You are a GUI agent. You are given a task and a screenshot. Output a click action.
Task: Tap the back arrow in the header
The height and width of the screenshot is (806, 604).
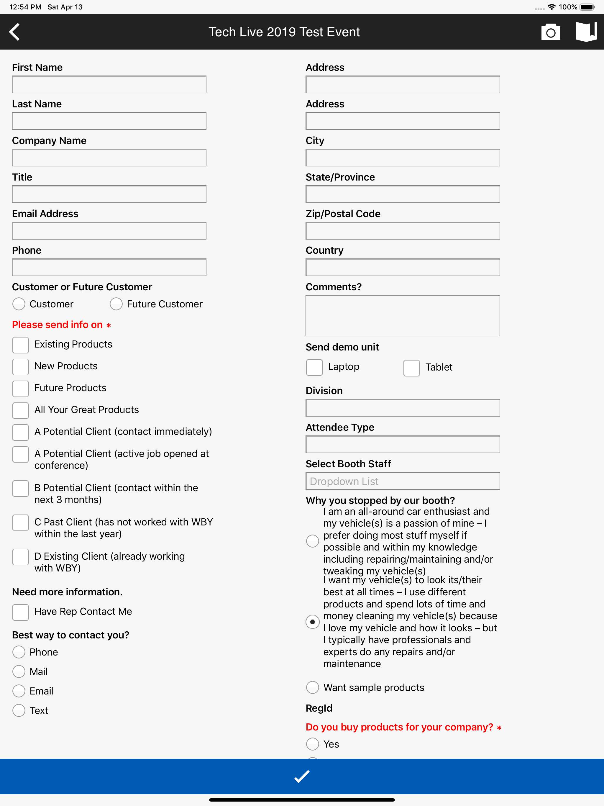[x=14, y=32]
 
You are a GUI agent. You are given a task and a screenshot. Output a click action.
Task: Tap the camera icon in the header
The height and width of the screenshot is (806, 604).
[x=550, y=32]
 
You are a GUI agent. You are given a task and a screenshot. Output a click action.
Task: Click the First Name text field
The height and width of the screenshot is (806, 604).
[x=109, y=85]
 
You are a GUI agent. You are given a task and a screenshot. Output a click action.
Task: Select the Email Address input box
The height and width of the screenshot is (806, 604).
[x=109, y=231]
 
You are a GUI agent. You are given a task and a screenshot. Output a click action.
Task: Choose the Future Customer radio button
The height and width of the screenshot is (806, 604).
[x=116, y=304]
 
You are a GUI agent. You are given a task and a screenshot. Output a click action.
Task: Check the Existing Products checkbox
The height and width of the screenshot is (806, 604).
[x=21, y=345]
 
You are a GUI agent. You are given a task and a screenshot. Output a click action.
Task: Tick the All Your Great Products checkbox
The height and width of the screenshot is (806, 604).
[x=21, y=410]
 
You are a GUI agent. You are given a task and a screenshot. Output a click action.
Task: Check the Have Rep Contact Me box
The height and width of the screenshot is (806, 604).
[x=21, y=612]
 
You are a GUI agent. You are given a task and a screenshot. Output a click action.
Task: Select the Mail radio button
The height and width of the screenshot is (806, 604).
[x=19, y=671]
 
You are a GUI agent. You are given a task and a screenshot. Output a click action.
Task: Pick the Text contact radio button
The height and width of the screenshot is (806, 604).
[x=19, y=710]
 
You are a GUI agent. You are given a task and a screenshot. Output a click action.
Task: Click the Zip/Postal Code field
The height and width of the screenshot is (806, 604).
[x=403, y=231]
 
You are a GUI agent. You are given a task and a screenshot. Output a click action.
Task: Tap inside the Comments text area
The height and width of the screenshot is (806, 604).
[x=403, y=316]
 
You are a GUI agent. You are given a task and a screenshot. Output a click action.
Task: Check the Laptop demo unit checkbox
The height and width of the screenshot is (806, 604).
[x=314, y=367]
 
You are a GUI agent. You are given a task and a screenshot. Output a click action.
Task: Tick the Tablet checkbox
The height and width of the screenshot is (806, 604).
[x=411, y=368]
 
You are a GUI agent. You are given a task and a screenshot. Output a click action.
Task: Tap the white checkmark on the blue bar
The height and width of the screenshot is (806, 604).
[x=302, y=776]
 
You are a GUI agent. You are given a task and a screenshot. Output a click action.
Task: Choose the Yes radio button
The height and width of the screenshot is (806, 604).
[x=313, y=744]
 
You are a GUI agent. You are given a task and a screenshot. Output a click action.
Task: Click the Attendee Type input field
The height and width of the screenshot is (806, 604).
[x=403, y=445]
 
